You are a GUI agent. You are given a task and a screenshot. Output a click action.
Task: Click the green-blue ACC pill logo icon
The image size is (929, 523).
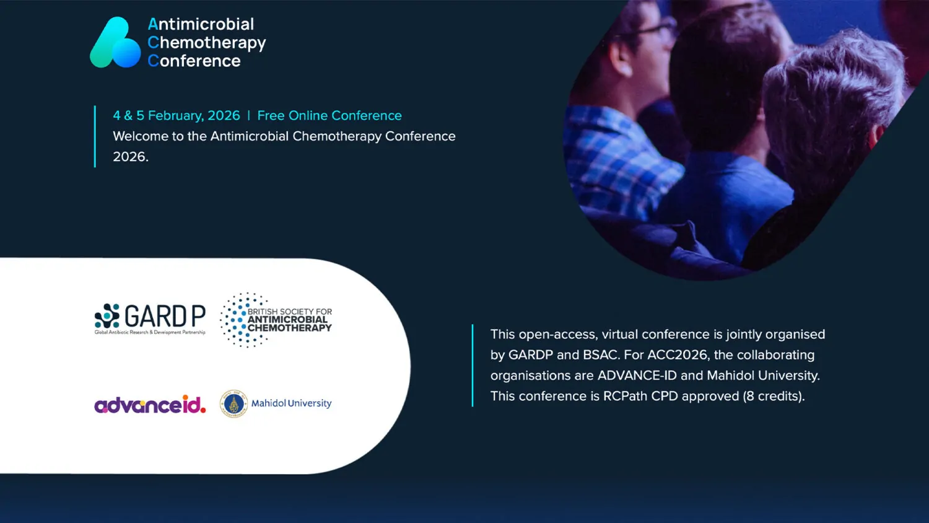(115, 42)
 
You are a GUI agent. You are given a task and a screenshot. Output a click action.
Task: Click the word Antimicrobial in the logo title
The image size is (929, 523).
(201, 24)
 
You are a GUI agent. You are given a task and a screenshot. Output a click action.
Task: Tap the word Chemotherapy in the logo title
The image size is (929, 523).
(206, 43)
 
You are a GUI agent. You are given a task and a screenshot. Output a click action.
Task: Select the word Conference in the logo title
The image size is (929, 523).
(194, 61)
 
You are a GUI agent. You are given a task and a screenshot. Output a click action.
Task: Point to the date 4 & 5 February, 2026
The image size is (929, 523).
(177, 115)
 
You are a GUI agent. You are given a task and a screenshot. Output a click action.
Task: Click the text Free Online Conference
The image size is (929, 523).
(329, 115)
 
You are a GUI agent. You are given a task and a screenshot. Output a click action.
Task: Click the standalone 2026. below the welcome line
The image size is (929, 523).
(131, 157)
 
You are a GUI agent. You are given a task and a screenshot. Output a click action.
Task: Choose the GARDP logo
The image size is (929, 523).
(150, 319)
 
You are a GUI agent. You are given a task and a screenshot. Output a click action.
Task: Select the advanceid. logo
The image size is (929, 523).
(150, 404)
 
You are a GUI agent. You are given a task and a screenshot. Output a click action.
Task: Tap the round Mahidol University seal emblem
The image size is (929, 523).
(233, 403)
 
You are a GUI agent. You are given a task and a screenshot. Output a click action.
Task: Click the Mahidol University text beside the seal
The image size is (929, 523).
(291, 403)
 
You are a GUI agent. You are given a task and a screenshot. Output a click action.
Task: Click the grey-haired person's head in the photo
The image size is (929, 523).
(829, 103)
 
